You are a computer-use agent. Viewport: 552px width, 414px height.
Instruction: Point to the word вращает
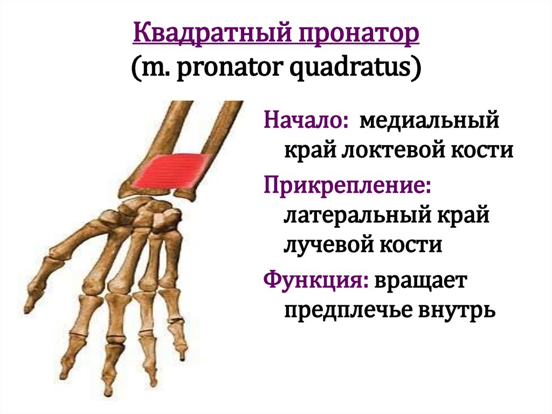[x=422, y=281]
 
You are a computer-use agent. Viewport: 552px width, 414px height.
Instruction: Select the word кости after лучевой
[x=413, y=246]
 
